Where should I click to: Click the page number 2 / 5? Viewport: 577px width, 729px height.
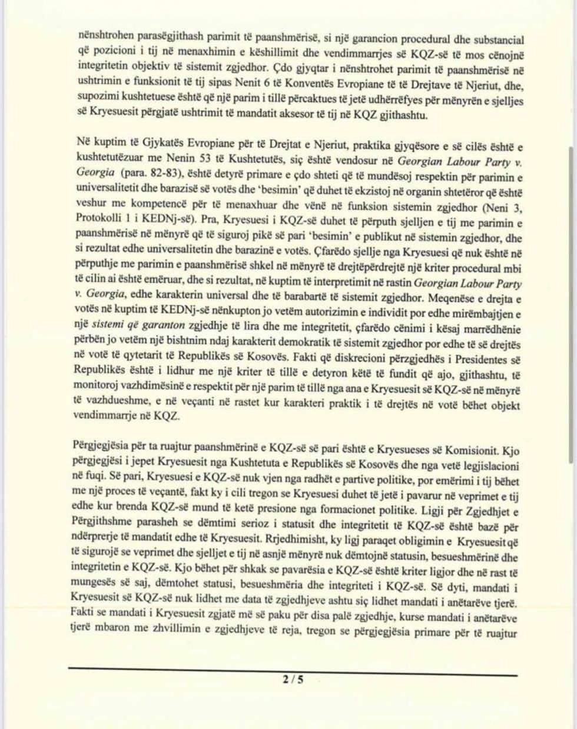[x=292, y=680]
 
